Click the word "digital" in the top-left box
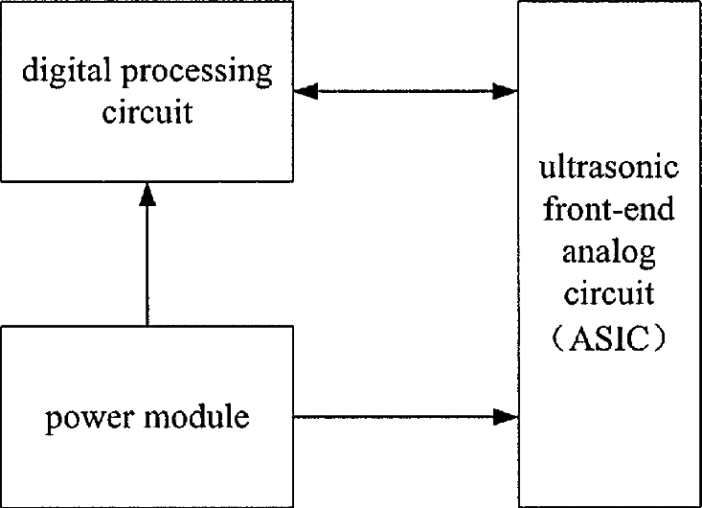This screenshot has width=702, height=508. [66, 72]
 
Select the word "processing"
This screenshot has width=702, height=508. [197, 73]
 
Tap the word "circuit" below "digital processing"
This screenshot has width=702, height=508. [147, 111]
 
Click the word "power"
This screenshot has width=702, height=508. [90, 419]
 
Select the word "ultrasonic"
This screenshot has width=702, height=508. [609, 167]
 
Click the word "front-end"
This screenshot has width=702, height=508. [609, 208]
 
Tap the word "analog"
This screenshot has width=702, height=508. [609, 253]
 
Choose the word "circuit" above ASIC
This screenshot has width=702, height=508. [609, 293]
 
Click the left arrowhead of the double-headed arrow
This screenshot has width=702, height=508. [306, 91]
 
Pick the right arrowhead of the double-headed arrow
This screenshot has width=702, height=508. [505, 91]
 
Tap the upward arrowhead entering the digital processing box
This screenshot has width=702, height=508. [147, 195]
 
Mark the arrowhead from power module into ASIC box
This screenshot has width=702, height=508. [506, 417]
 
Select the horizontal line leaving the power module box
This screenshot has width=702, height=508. [394, 417]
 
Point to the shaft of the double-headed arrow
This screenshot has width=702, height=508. [406, 91]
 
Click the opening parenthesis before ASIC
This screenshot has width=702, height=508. [558, 338]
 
